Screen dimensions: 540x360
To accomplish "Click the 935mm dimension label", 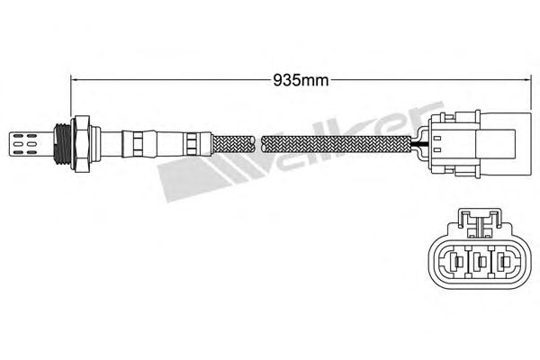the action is (x=301, y=81).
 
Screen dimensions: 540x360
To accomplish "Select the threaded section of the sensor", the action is (x=63, y=144).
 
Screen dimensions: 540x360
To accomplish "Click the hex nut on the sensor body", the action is (x=81, y=144).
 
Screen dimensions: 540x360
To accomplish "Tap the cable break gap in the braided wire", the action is (x=258, y=144).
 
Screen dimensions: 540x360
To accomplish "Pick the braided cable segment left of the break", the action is (x=233, y=144).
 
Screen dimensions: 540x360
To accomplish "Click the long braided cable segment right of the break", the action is (x=336, y=144).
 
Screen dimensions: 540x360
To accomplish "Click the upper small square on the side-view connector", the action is (x=437, y=139).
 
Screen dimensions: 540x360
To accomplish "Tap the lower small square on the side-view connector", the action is (x=437, y=150).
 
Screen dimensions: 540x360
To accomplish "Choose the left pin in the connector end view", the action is (x=454, y=262).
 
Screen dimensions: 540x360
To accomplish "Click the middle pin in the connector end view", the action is (x=480, y=262).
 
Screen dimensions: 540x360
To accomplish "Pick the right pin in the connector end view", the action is (x=505, y=262).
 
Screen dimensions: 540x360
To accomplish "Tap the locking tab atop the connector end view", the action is (x=479, y=222).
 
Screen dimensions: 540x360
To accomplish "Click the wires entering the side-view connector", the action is (x=419, y=144).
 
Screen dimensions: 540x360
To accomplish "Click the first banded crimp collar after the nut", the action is (x=137, y=144).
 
